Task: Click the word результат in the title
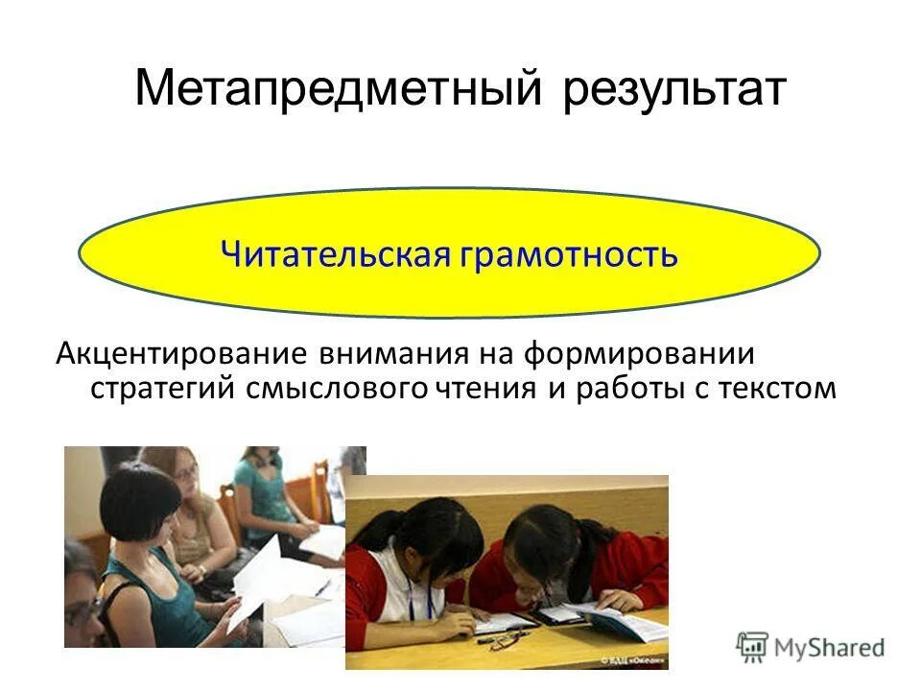(674, 88)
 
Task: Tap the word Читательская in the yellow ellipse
(335, 254)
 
